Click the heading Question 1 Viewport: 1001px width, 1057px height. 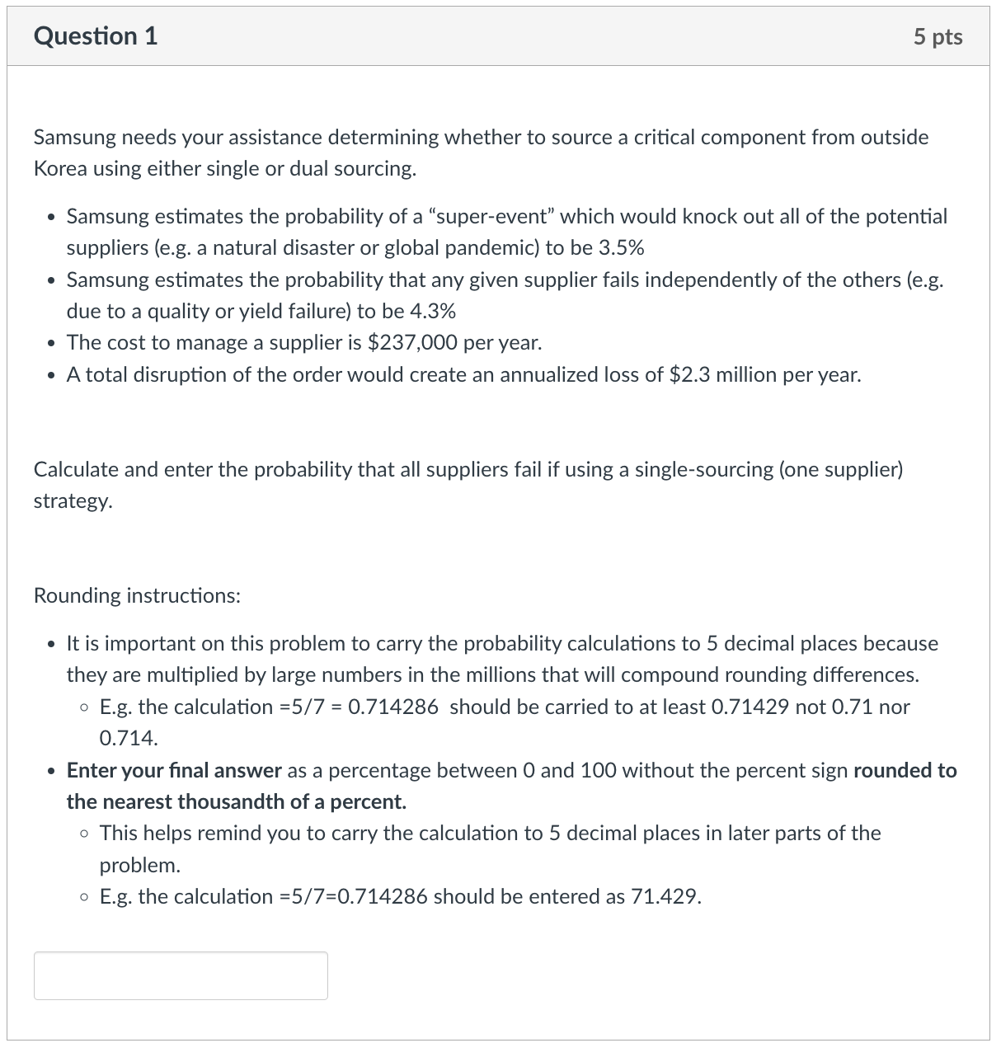[x=96, y=36]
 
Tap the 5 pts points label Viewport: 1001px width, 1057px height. [x=938, y=37]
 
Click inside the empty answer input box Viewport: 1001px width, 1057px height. [x=181, y=976]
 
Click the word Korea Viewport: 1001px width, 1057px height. [x=60, y=169]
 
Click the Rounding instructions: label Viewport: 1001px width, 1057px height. [x=137, y=596]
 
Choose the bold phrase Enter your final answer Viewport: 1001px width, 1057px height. [x=174, y=771]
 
